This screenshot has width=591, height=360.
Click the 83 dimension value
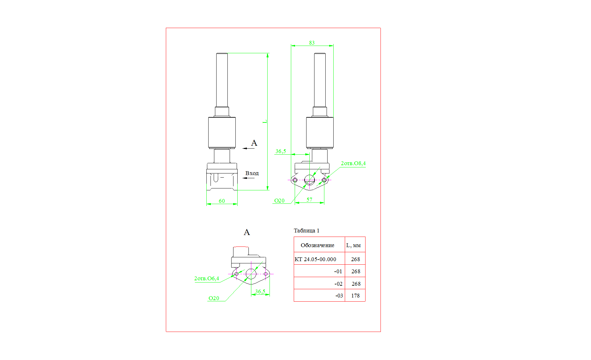(x=312, y=43)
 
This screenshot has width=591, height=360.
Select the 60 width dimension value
(x=222, y=201)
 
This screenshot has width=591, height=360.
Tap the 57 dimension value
(x=309, y=200)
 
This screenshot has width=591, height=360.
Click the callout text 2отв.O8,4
(x=353, y=163)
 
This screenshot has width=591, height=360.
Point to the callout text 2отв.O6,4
(x=207, y=278)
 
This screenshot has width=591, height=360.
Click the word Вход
(x=252, y=173)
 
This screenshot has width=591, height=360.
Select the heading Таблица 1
(x=307, y=231)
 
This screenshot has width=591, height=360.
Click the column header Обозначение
(x=317, y=245)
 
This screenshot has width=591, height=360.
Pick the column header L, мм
(x=353, y=245)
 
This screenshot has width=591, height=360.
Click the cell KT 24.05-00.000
(x=315, y=259)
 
